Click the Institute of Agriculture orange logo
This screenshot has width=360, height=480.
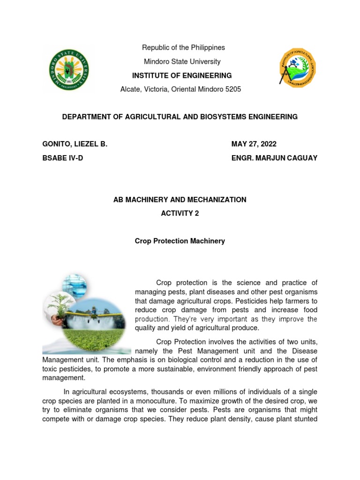[x=298, y=68]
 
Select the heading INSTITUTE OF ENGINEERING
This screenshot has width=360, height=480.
[x=182, y=75]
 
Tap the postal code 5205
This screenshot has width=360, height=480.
[x=232, y=89]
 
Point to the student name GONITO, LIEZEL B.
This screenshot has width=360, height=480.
[x=75, y=144]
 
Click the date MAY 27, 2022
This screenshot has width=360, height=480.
[x=257, y=144]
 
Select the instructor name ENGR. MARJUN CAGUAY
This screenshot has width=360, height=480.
[x=274, y=158]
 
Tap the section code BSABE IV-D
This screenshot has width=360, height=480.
[x=62, y=158]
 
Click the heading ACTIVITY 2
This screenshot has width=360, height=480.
[x=180, y=213]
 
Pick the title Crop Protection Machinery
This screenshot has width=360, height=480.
[x=180, y=241]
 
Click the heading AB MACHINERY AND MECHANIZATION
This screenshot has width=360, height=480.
[x=180, y=200]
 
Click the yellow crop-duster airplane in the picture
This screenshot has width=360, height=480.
[x=94, y=310]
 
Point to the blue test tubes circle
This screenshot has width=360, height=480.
[x=75, y=286]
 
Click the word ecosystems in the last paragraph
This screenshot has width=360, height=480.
[x=125, y=392]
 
